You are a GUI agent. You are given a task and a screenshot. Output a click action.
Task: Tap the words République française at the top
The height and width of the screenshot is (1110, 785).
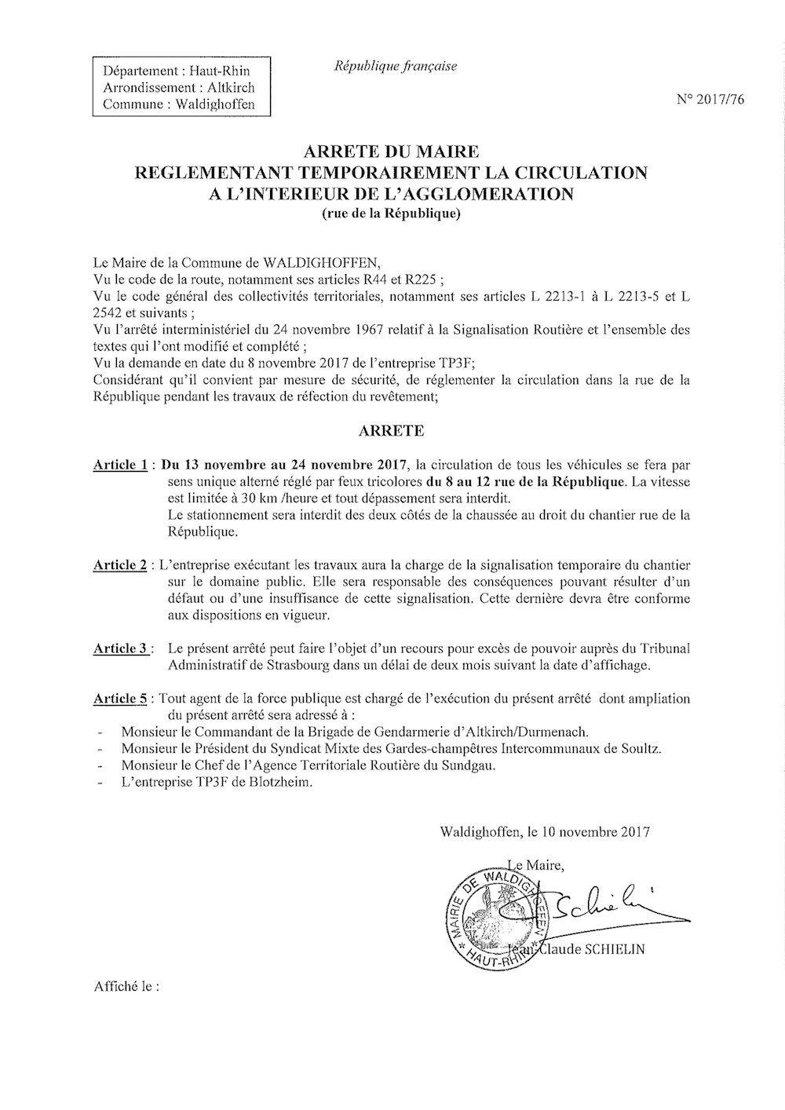(396, 67)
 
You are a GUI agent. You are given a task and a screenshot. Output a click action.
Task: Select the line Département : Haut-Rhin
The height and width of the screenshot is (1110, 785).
(177, 71)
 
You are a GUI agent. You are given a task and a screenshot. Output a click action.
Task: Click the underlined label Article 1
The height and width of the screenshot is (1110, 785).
(121, 464)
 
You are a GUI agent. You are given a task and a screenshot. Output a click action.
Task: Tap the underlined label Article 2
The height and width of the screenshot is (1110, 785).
(121, 564)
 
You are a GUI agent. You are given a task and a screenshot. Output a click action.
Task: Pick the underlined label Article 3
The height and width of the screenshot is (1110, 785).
(121, 648)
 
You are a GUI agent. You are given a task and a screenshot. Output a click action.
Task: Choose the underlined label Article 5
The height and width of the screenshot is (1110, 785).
(121, 699)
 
